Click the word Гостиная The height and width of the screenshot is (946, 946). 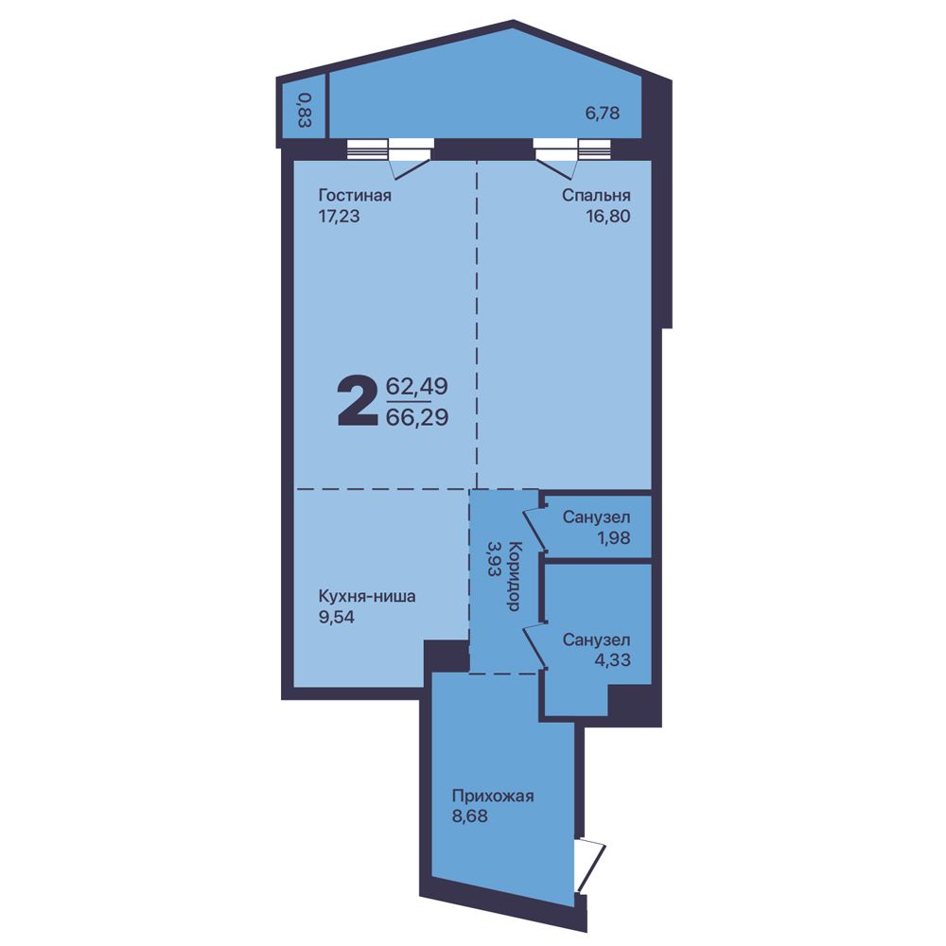tap(355, 196)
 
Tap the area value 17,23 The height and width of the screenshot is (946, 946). tap(339, 216)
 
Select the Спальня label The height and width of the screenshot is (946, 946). tap(596, 196)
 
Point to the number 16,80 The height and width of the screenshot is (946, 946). tap(608, 216)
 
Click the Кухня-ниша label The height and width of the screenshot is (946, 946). tap(367, 597)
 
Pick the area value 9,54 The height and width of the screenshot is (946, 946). tap(337, 617)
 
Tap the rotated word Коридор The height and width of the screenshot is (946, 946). tap(514, 577)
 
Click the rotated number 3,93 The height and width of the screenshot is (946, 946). tap(494, 559)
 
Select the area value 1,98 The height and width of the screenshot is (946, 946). tap(614, 537)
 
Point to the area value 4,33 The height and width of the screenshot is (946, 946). tap(613, 660)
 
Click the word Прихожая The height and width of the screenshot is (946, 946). tap(493, 797)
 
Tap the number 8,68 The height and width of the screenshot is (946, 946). tap(470, 817)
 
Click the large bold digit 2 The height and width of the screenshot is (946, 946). tap(358, 400)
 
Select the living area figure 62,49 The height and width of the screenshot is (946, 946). tap(417, 386)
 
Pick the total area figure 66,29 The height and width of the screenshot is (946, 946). tap(417, 417)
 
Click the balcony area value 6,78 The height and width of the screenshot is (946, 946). tap(603, 114)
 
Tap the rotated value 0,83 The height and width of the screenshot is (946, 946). tap(305, 110)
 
